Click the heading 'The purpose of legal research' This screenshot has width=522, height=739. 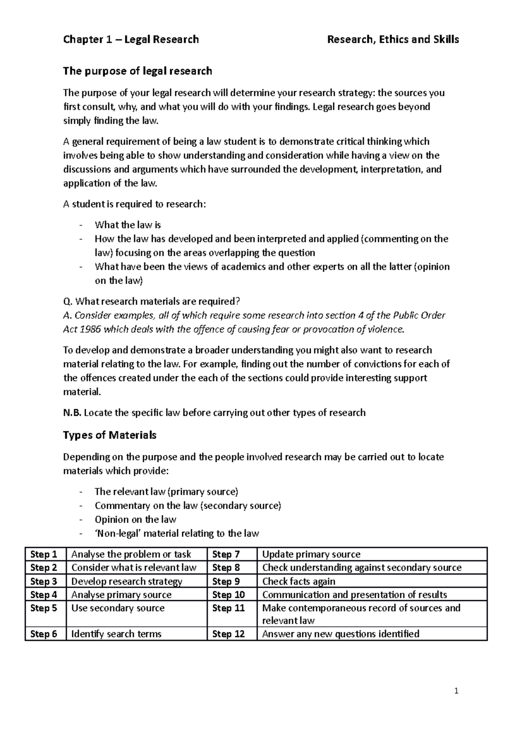(x=137, y=71)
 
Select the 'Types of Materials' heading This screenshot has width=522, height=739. (x=110, y=435)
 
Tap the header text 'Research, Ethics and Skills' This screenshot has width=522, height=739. (x=393, y=40)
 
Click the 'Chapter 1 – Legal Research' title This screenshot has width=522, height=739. (x=131, y=40)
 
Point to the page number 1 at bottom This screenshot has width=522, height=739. (x=456, y=691)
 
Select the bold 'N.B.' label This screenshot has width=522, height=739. (x=72, y=413)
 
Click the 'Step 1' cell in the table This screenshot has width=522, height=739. (x=43, y=554)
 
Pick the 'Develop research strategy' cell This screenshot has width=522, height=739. (x=127, y=581)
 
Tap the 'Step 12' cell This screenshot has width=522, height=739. (x=228, y=634)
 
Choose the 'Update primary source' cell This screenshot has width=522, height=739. (x=311, y=554)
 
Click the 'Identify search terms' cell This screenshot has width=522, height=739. (x=116, y=634)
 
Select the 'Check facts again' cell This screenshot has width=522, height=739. (x=298, y=581)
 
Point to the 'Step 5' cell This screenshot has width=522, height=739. (x=43, y=608)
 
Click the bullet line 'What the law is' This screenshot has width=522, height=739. (x=127, y=225)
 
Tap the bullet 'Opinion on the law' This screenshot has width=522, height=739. (x=135, y=519)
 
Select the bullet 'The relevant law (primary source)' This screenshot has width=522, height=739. (x=166, y=491)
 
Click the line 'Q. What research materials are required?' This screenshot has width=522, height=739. (x=151, y=301)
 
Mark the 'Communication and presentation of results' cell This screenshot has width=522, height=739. (x=355, y=595)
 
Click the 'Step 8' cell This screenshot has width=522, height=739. (x=226, y=568)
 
